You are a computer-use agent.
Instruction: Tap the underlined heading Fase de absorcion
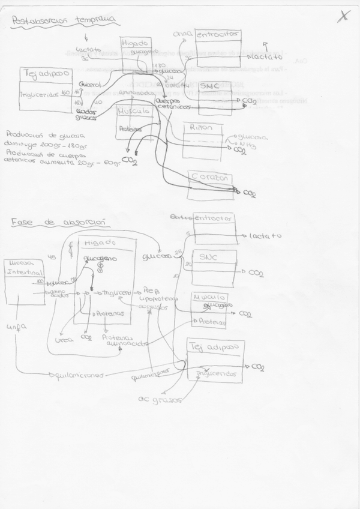(x=59, y=222)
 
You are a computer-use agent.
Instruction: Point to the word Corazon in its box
(x=210, y=177)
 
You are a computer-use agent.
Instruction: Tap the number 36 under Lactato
(x=85, y=58)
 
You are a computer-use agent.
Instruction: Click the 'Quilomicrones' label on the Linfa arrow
(x=79, y=375)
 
